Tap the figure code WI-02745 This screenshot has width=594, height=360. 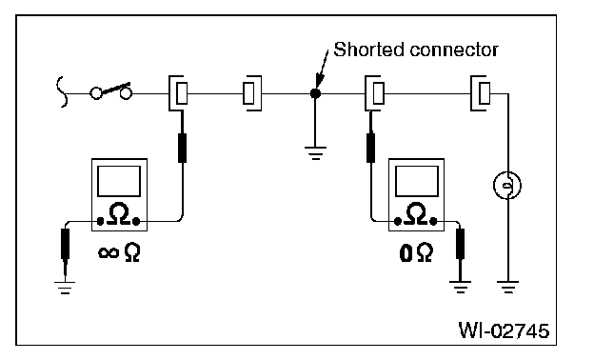pos(504,330)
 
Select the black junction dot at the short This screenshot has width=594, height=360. pos(315,93)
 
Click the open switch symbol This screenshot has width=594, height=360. pos(111,91)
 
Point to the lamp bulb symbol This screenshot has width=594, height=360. pos(507,186)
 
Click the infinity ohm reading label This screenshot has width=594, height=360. pos(119,252)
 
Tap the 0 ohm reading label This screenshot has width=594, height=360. pos(416,252)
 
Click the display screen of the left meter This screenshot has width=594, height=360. pos(119,181)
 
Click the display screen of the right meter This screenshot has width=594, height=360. pos(416,181)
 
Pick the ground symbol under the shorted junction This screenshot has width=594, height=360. pos(315,152)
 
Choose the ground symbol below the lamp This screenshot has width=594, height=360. pos(507,287)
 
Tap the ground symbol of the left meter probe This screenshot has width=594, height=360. pos(65,288)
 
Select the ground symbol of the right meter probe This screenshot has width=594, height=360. pos(460,287)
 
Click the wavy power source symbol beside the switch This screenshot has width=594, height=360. pos(62,92)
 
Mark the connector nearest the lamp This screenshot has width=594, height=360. pos(481,93)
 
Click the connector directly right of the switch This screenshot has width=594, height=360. pos(178,93)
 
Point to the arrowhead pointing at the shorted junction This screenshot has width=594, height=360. pos(320,81)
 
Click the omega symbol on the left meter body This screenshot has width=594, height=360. pos(119,213)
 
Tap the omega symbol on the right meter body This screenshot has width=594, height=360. pos(416,213)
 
